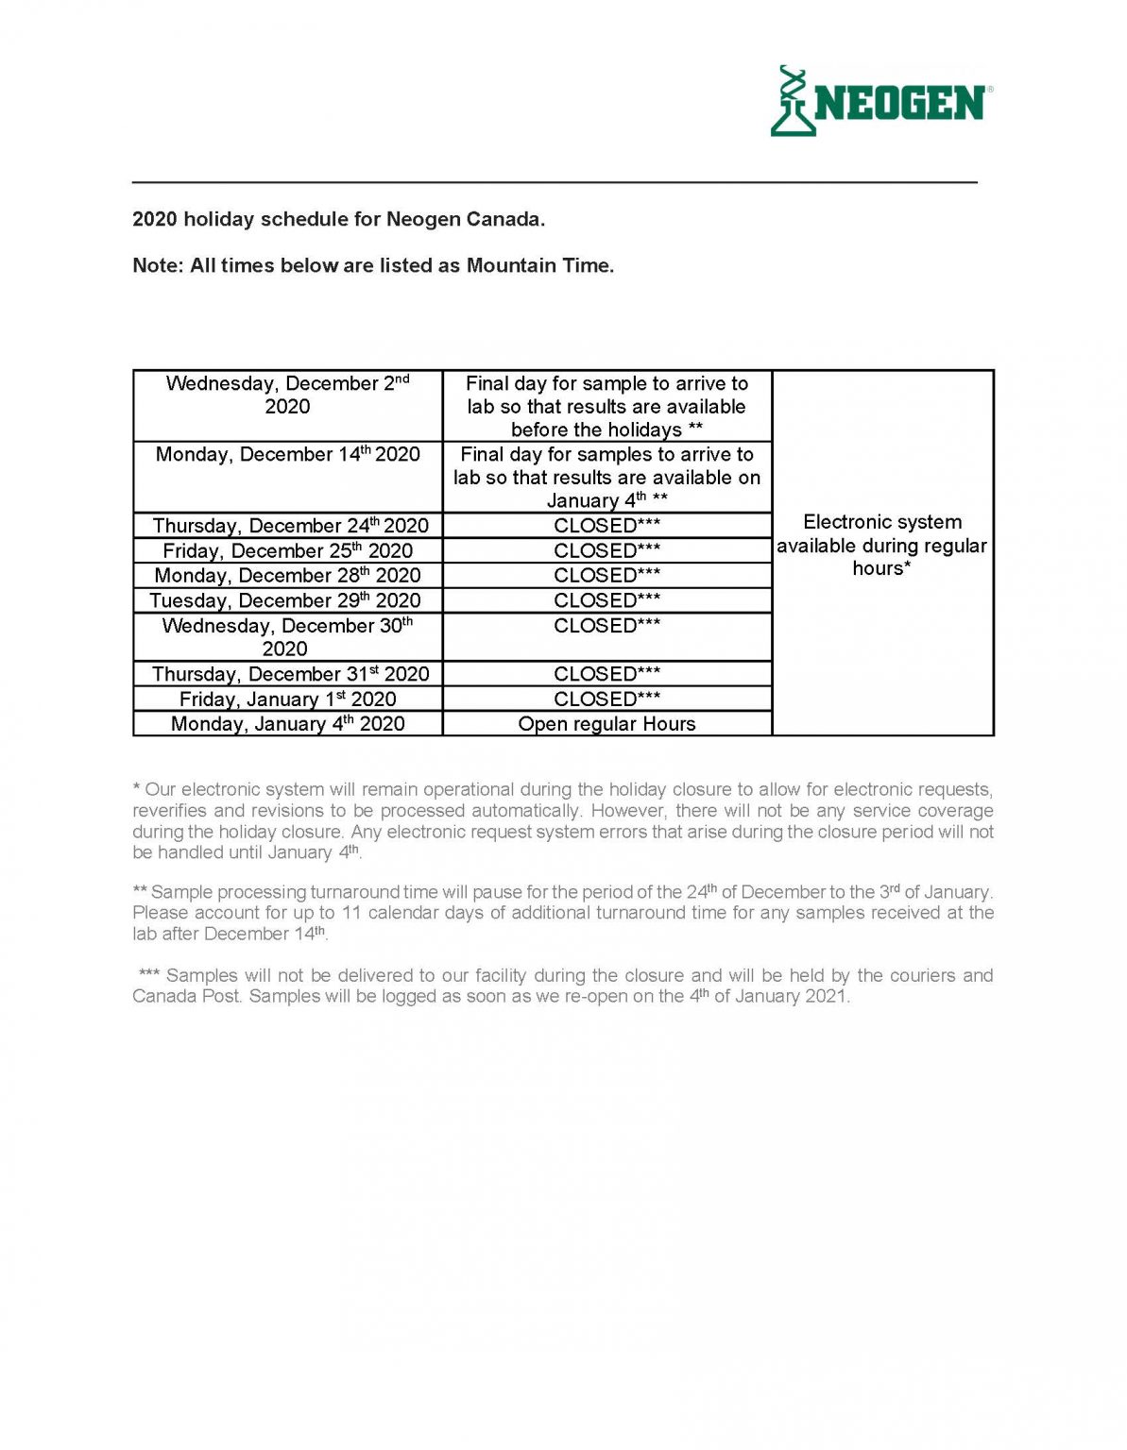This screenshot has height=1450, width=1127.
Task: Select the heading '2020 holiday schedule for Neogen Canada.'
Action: [338, 219]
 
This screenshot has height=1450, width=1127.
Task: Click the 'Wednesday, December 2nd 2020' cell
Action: [287, 396]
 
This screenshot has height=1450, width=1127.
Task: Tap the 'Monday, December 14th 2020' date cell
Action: [287, 455]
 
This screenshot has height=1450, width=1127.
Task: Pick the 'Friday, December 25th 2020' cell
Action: [287, 550]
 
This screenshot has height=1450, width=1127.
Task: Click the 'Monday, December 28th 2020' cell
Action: [287, 575]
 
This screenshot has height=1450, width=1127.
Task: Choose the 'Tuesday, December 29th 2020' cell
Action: [285, 600]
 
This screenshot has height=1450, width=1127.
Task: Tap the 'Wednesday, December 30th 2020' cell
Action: [286, 637]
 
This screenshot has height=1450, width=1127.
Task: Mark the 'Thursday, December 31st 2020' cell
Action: [290, 674]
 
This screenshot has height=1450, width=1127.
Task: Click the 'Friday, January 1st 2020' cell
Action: [287, 700]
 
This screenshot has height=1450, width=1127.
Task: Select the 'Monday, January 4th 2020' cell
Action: [287, 724]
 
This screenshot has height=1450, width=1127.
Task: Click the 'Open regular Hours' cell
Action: [606, 724]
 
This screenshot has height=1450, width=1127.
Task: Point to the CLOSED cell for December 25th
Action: [606, 550]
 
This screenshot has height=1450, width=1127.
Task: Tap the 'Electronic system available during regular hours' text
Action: [881, 545]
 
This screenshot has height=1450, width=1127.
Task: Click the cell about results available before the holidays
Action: [606, 407]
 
